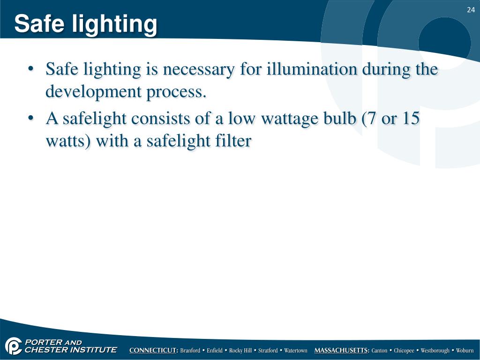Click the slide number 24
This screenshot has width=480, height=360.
pos(471,10)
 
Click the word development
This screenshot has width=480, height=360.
pos(93,92)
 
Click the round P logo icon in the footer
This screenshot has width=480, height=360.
pos(14,346)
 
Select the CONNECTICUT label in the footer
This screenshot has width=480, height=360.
pos(154,351)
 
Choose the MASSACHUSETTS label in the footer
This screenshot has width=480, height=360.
pos(342,351)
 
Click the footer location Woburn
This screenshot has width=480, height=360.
pos(465,351)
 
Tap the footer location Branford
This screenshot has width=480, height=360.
pos(190,351)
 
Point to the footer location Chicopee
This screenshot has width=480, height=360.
pos(404,351)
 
